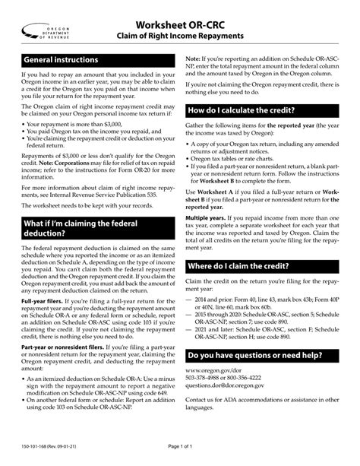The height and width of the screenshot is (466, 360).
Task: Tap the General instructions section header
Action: click(61, 59)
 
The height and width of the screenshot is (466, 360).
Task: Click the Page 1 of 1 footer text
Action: click(180, 455)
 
